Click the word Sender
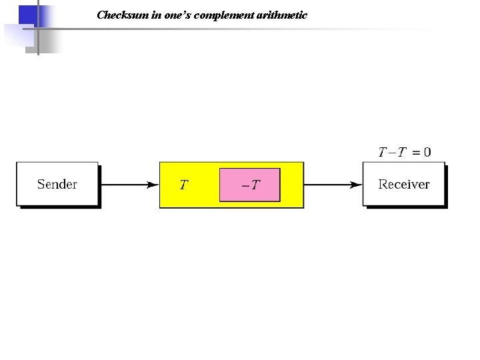(57, 184)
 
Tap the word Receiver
(404, 184)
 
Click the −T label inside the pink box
(251, 185)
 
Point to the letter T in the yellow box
(184, 185)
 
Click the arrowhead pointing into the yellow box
(153, 185)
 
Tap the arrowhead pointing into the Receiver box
(357, 185)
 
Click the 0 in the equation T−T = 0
(427, 153)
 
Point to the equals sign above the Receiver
(416, 153)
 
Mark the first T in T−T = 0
(382, 153)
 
